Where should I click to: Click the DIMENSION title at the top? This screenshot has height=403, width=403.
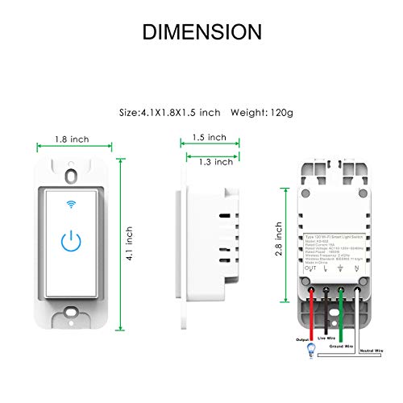pos(201,31)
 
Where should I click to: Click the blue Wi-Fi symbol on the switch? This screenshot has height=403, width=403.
pos(71,203)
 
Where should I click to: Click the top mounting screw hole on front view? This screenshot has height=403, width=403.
pos(71,174)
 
